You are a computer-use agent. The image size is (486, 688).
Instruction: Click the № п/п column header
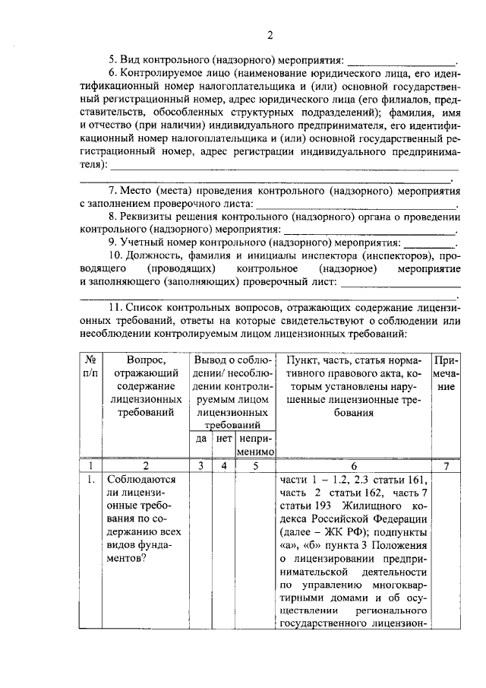point(90,366)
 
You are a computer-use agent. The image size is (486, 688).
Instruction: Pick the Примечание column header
point(446,373)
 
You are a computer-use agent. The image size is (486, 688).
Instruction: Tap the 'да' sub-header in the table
point(201,439)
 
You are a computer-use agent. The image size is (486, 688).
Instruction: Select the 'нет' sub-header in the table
point(223,439)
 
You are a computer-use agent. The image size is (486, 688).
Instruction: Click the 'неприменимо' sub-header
point(255,445)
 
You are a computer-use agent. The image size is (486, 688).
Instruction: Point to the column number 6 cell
point(354,466)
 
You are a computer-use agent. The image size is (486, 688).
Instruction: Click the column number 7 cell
point(446,466)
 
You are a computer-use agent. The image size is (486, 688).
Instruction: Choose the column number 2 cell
point(146,466)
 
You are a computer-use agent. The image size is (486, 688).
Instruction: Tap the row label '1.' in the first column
point(90,480)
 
